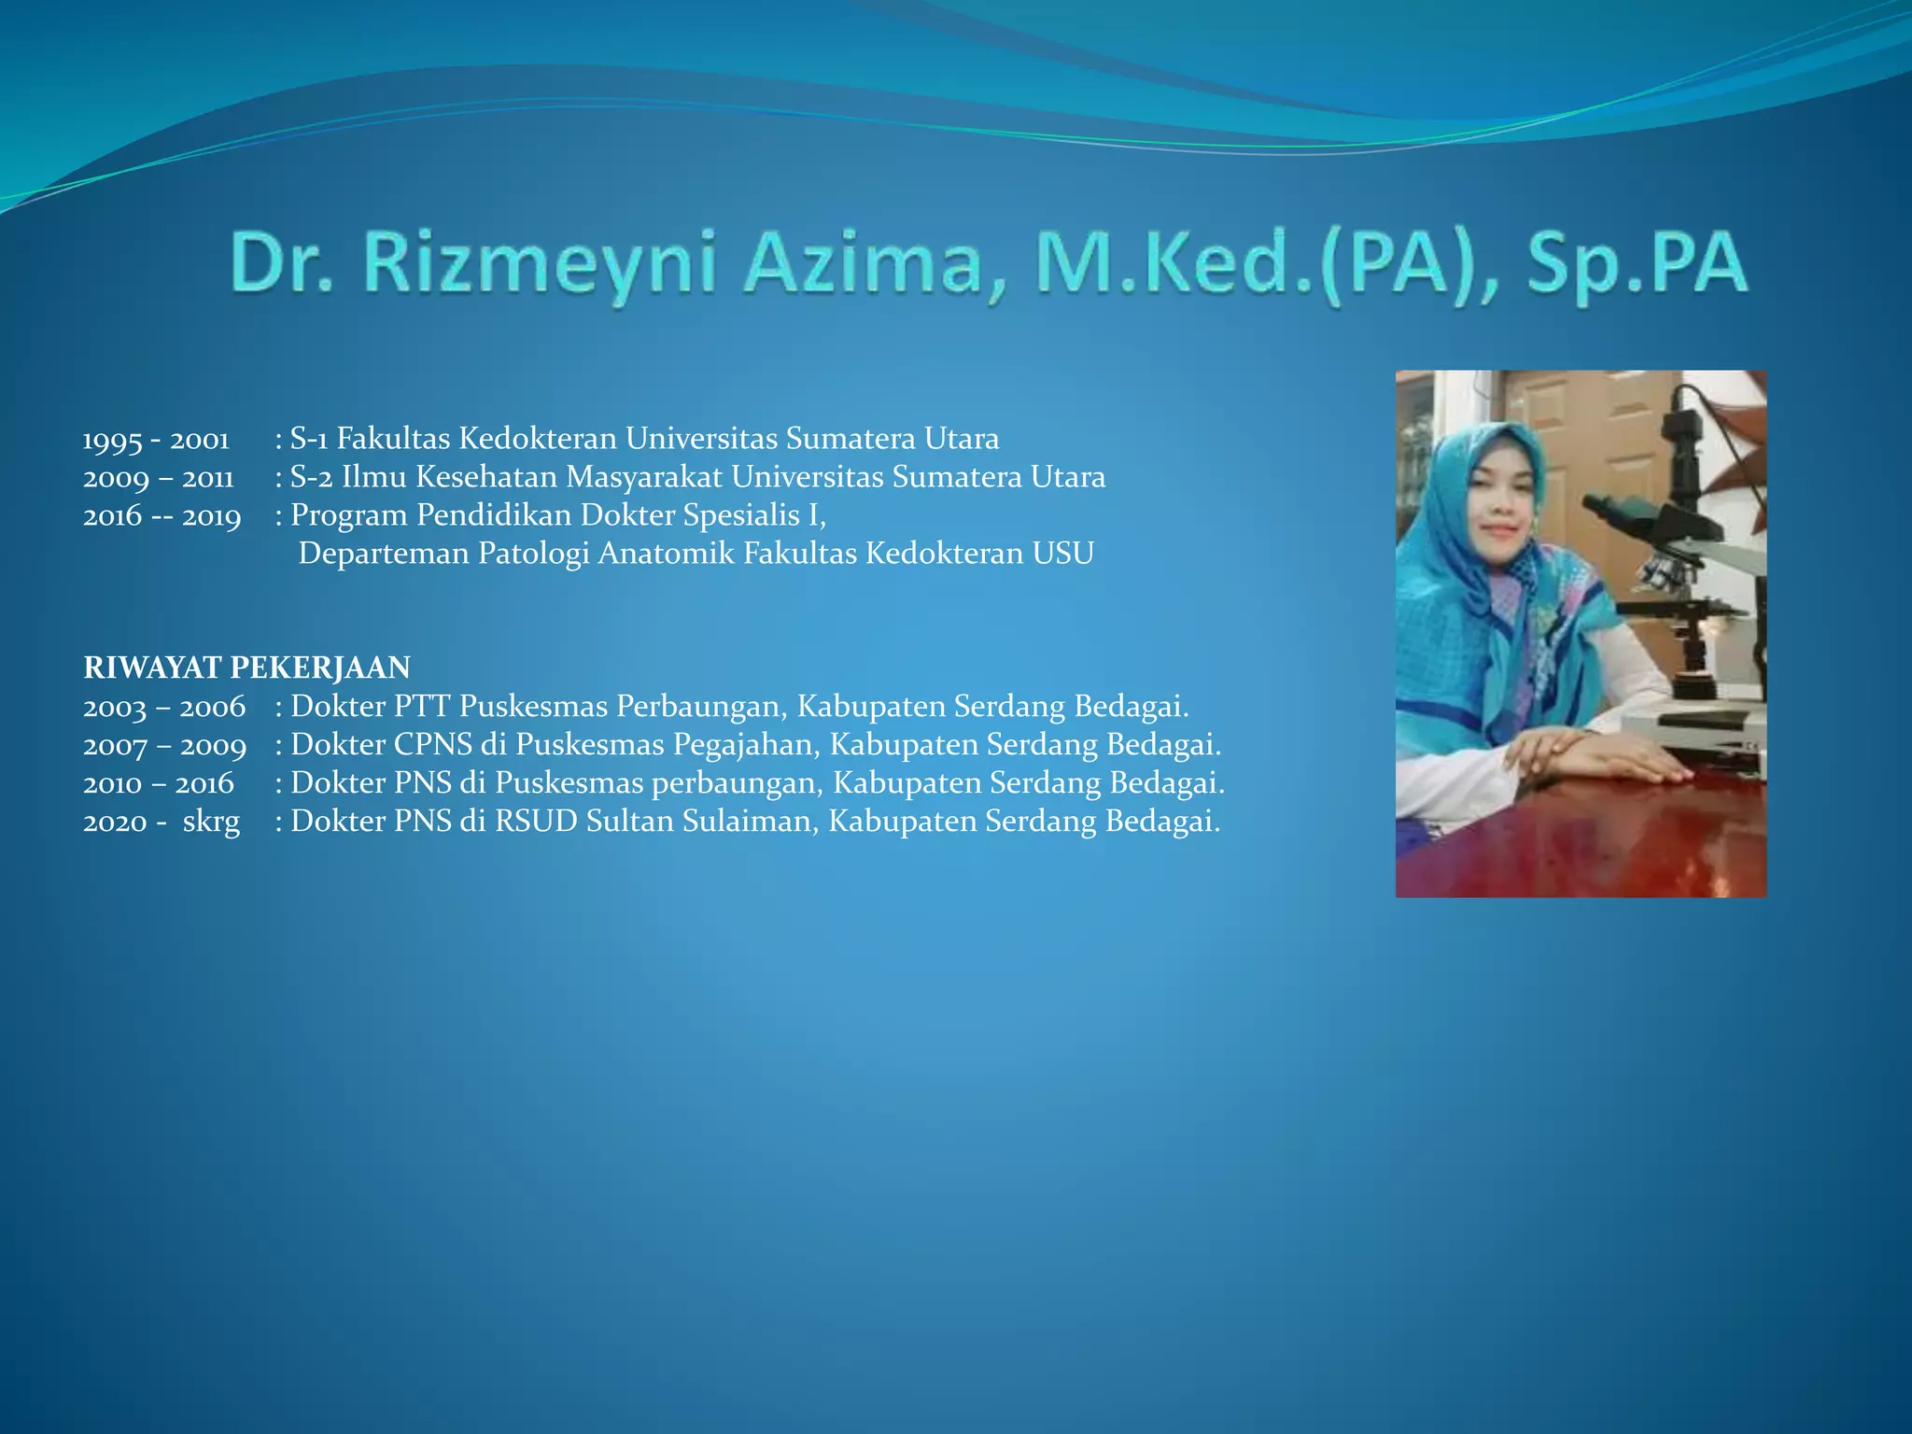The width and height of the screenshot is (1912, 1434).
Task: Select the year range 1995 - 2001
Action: [156, 439]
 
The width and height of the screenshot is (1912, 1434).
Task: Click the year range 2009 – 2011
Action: [158, 478]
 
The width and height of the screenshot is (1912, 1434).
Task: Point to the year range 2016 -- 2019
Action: [162, 516]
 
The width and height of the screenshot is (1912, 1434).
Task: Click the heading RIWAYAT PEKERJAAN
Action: [246, 668]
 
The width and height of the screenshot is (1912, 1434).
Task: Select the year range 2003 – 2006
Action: [164, 707]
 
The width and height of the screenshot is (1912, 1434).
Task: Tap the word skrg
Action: [211, 822]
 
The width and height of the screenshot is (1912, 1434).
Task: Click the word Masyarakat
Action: [643, 477]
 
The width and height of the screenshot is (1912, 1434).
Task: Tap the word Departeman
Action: [384, 554]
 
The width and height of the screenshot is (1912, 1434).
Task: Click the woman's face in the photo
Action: [1502, 509]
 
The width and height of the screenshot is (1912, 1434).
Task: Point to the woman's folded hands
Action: [1587, 752]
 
